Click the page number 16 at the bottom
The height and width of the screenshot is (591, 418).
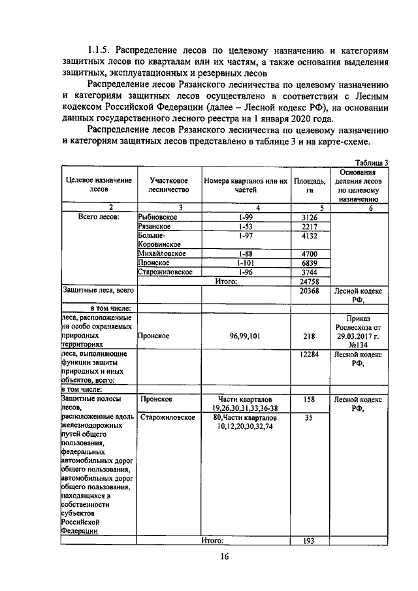pyautogui.click(x=223, y=556)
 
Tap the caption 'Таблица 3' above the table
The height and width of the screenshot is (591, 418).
pyautogui.click(x=372, y=163)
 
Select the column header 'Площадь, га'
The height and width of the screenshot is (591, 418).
pyautogui.click(x=309, y=185)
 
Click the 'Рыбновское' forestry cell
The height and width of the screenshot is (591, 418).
pyautogui.click(x=159, y=217)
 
